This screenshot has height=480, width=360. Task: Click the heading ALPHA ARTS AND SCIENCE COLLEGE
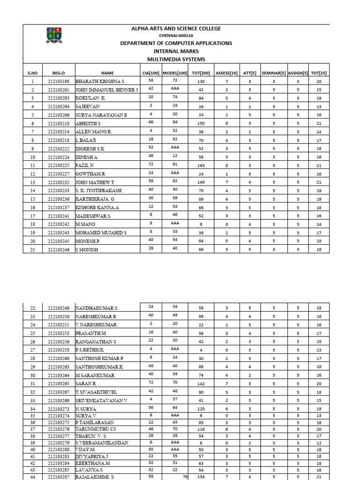176,29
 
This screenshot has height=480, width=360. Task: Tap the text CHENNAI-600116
176,36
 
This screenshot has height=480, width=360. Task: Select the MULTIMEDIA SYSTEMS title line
176,59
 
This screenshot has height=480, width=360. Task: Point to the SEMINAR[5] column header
274,73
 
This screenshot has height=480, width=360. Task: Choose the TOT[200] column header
201,73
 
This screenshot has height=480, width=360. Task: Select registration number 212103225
59,166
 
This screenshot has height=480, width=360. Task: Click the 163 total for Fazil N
201,166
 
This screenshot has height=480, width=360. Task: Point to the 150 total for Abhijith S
201,124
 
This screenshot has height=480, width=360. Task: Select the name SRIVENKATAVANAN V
101,400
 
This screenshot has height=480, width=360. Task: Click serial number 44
32,476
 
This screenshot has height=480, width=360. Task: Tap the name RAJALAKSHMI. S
94,476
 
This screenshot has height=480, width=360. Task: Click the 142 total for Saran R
201,383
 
